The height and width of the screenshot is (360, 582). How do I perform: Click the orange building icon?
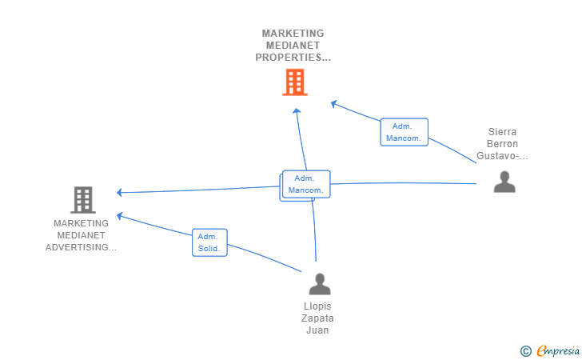(295, 82)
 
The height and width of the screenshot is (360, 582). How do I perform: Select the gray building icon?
(83, 200)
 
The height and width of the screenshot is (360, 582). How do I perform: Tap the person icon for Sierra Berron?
(504, 182)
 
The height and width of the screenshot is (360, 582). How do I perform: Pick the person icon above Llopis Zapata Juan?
(320, 284)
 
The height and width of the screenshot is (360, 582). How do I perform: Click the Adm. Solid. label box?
(209, 242)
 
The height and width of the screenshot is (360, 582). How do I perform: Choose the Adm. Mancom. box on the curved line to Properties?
(405, 132)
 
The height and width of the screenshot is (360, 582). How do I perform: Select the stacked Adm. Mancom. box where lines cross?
(306, 184)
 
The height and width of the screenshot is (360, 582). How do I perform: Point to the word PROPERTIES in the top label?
(288, 58)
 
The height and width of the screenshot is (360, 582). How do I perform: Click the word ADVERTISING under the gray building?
(78, 247)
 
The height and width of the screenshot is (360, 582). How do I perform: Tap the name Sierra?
(502, 132)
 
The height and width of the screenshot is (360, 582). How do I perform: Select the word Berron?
(502, 144)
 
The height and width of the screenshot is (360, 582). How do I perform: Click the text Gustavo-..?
(497, 156)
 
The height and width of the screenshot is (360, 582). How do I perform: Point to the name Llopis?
(317, 306)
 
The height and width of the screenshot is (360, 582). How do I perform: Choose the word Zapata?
(317, 318)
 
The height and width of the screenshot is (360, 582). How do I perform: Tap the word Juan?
(317, 330)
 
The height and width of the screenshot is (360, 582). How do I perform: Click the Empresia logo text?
(558, 350)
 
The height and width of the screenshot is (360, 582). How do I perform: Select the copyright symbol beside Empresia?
(526, 351)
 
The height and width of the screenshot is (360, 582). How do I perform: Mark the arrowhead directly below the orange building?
(296, 111)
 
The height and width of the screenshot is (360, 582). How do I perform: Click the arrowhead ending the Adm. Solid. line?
(120, 216)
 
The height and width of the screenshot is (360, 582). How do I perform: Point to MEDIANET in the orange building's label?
(293, 46)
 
